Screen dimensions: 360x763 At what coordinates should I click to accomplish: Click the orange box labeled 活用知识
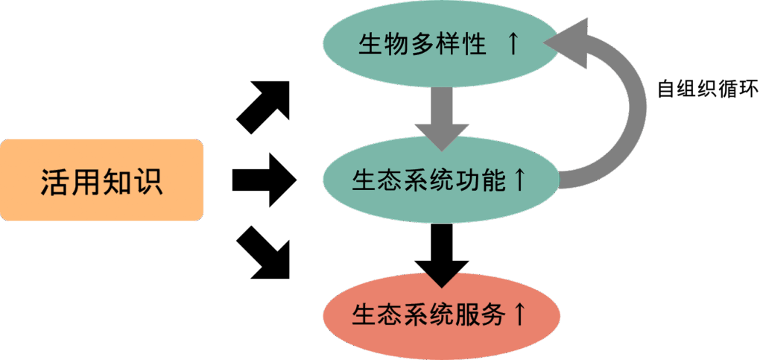pos(102,180)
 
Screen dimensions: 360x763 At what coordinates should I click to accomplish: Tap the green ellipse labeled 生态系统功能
pos(440,179)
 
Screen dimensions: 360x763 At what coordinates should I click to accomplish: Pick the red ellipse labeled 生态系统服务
pos(440,314)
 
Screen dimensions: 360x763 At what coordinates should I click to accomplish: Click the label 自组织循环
pos(707,89)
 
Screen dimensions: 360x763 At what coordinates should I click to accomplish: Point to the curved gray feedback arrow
pos(630,112)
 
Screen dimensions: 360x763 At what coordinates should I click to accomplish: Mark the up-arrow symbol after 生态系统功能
pos(519,179)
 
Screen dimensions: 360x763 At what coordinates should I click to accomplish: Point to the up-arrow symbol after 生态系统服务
pos(519,314)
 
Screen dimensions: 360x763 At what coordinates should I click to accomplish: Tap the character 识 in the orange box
pos(148,181)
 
